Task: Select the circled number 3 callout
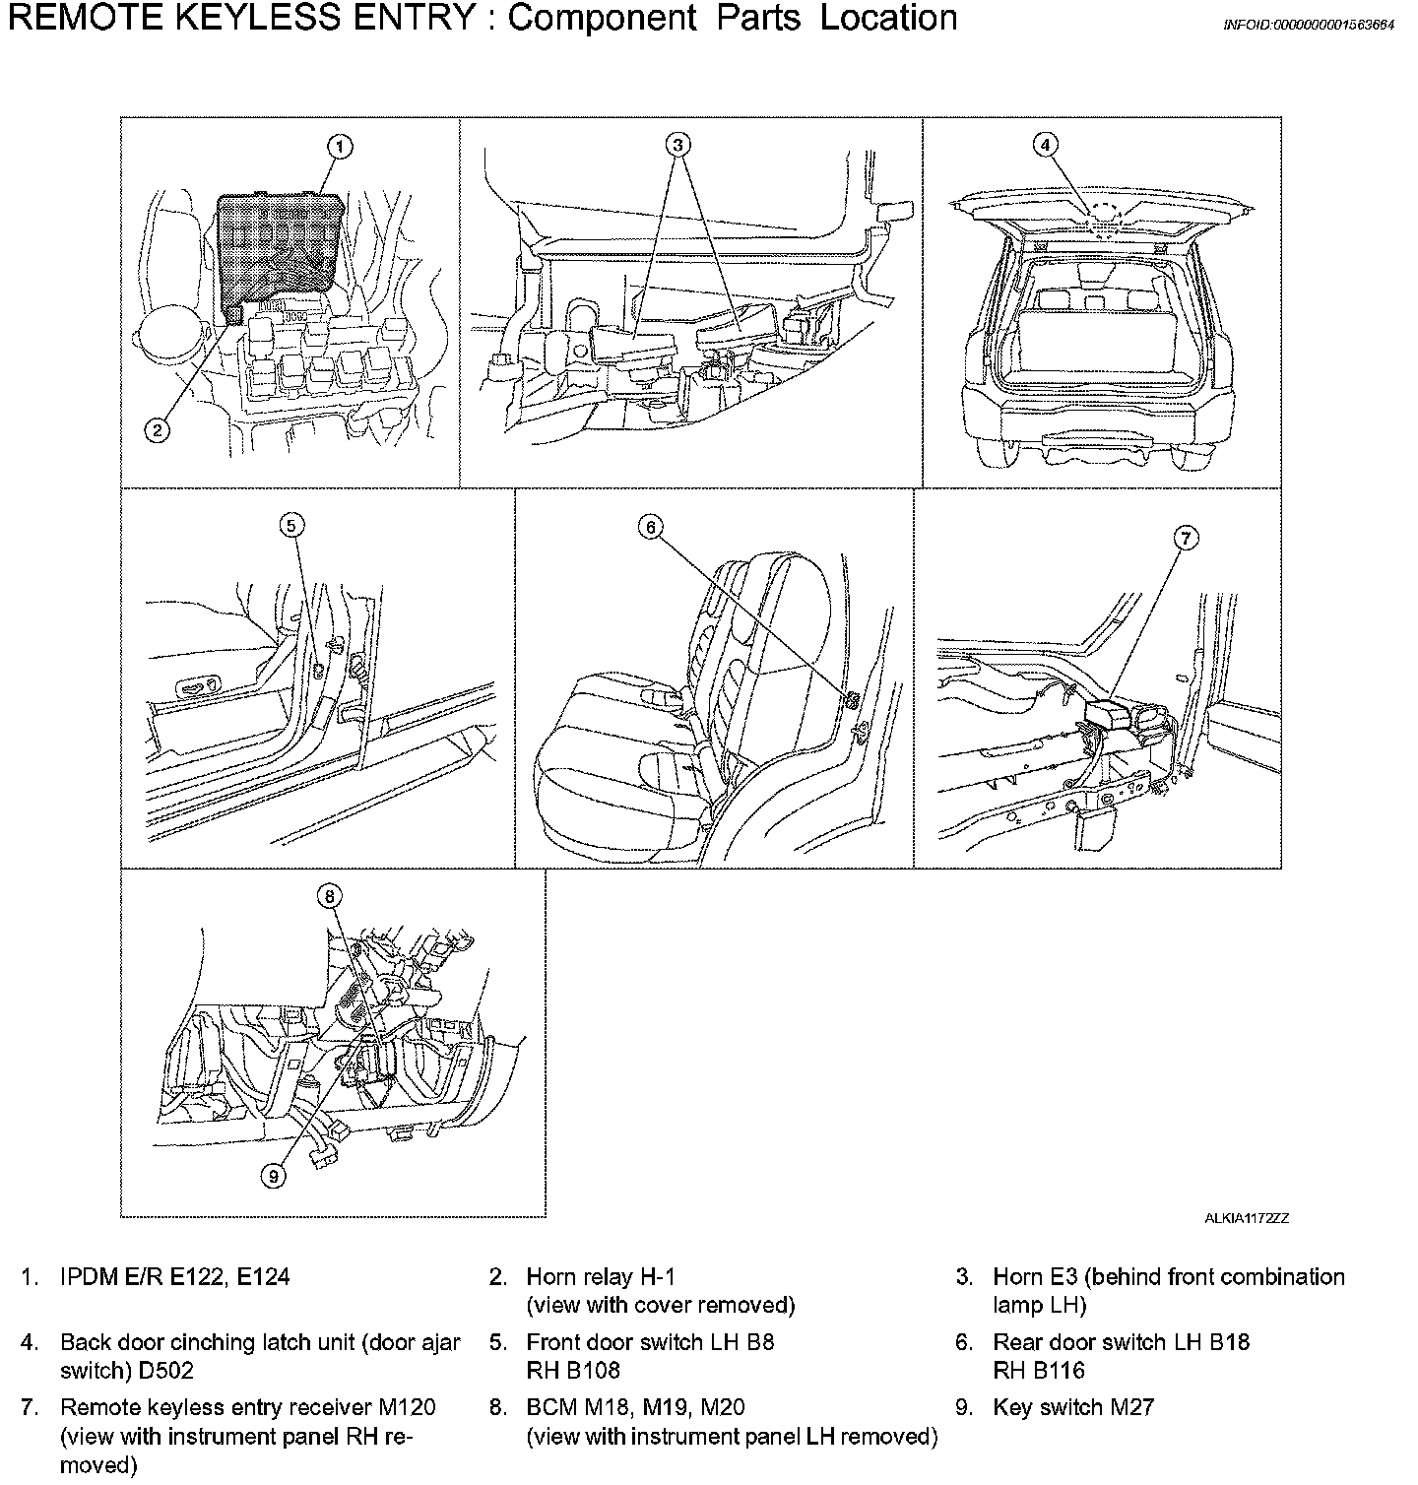(677, 145)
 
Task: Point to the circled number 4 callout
(1046, 145)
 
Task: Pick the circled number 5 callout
(291, 525)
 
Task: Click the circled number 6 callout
(651, 527)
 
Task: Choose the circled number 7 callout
(1187, 537)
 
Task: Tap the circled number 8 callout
(330, 895)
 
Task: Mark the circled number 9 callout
(275, 1174)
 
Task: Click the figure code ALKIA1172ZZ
(1246, 1218)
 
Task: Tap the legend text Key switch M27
(1072, 1407)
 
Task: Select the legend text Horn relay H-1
(601, 1277)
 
